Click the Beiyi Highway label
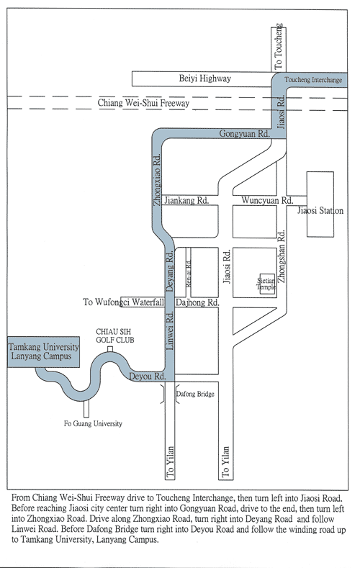click(x=204, y=78)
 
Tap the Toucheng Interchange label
click(x=313, y=80)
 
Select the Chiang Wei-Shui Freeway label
click(x=143, y=103)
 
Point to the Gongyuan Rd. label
click(x=245, y=134)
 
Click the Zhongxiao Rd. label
click(x=157, y=180)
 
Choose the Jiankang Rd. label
click(x=186, y=200)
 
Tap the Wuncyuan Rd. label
click(x=267, y=200)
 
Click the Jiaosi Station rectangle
click(x=320, y=204)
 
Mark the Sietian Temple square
click(x=267, y=284)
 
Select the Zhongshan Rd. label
click(x=282, y=256)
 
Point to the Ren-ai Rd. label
click(x=189, y=274)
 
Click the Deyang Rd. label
click(x=169, y=271)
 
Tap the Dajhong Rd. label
click(x=197, y=302)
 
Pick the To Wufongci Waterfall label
click(x=124, y=302)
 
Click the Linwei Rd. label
click(x=170, y=330)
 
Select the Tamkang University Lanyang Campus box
click(x=43, y=352)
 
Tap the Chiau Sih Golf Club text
click(x=114, y=335)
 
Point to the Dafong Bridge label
click(x=195, y=394)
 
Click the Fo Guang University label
click(x=93, y=423)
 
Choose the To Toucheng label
click(x=278, y=46)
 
